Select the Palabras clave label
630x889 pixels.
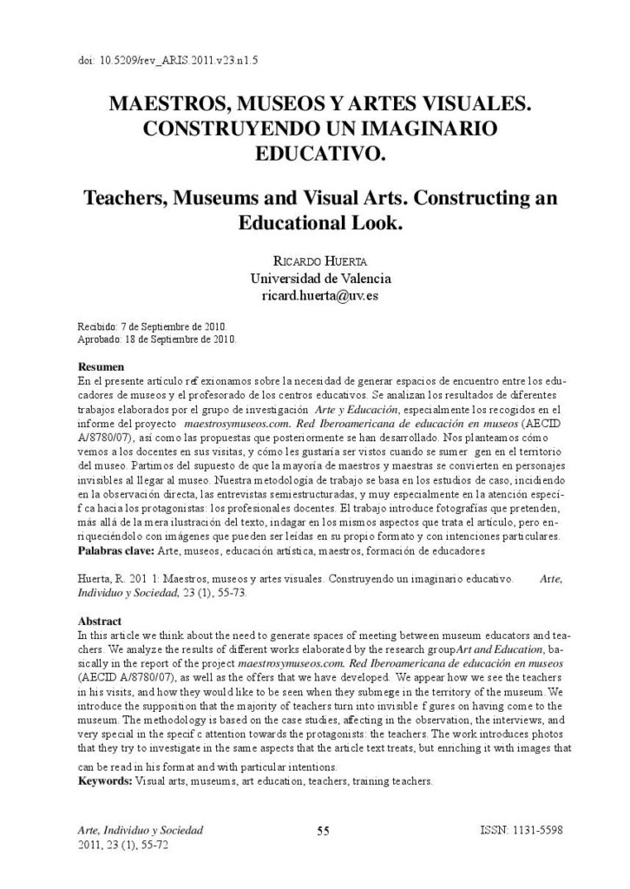click(117, 550)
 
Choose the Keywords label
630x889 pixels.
click(105, 781)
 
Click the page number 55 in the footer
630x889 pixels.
click(322, 831)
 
